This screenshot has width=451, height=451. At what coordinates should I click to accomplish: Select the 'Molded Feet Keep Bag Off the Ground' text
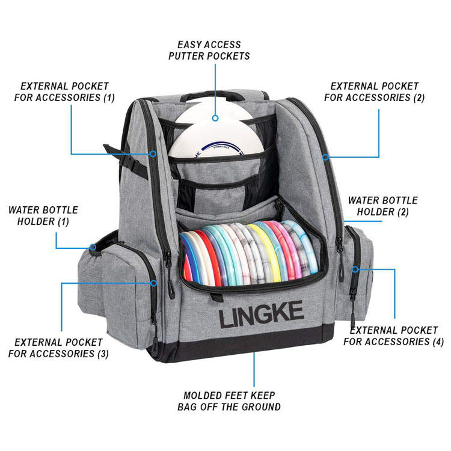pos(229,401)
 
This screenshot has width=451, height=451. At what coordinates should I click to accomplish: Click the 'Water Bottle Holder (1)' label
pos(43,216)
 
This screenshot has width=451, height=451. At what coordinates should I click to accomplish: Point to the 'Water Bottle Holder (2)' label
pos(382,206)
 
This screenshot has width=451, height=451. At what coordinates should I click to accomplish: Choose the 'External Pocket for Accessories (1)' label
pos(64,91)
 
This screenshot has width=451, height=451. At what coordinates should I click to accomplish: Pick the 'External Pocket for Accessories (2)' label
pos(374,92)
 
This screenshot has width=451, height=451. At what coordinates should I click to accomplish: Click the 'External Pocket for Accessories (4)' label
pos(394,336)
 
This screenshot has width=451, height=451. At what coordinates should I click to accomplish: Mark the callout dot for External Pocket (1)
pos(153,154)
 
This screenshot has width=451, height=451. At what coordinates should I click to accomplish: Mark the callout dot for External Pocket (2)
pos(325,158)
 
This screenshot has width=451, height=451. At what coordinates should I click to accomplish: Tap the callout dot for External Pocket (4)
pos(355,269)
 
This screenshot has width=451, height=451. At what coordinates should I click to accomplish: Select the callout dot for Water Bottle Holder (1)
pos(93,247)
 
